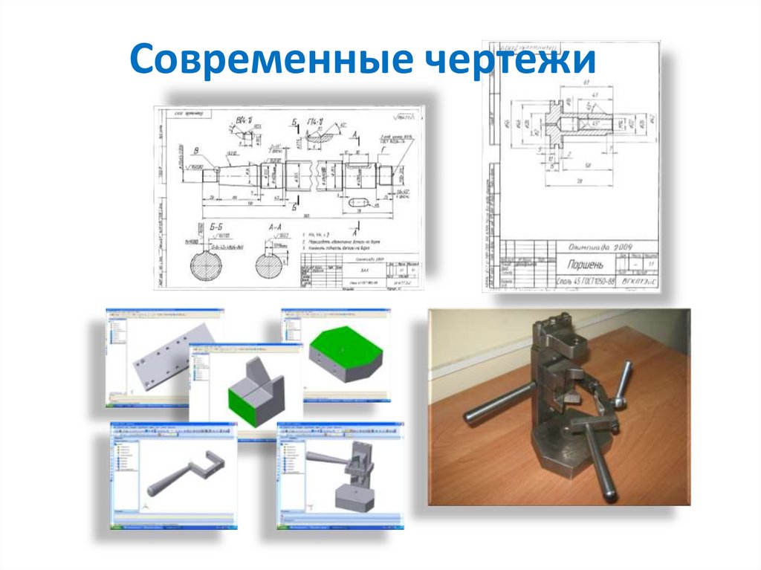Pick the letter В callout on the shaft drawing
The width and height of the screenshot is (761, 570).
click(195, 150)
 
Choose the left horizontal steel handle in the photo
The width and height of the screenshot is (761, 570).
click(493, 401)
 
